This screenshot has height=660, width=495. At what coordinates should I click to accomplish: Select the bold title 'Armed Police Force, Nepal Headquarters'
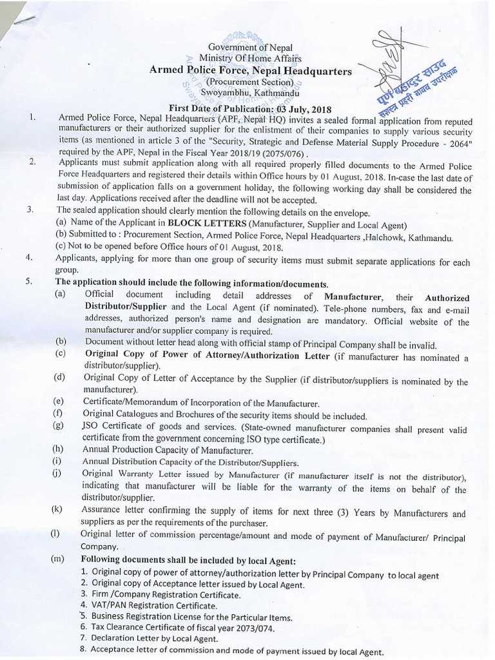pos(251,71)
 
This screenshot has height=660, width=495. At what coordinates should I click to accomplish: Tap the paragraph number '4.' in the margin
pos(29,258)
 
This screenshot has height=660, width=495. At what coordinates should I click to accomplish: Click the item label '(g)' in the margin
pos(59,425)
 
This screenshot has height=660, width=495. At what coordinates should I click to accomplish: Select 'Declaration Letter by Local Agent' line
pos(163,638)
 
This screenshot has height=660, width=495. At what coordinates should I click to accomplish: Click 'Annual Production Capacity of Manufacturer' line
pos(168,450)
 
